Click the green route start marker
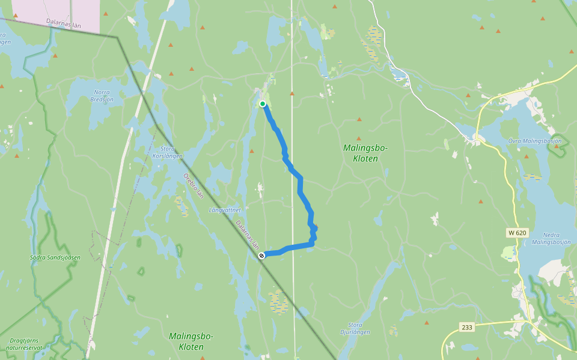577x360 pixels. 263,104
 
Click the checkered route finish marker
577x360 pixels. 261,256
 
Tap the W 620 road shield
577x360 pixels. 516,232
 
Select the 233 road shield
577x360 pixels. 466,327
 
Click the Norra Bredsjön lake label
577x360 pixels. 102,96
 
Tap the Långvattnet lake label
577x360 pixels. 225,210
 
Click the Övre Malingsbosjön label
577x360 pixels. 534,141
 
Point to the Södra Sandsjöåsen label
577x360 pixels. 55,257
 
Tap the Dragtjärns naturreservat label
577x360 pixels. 26,344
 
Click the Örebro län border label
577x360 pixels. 194,186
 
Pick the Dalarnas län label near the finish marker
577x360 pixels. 247,235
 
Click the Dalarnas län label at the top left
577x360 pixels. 64,23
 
